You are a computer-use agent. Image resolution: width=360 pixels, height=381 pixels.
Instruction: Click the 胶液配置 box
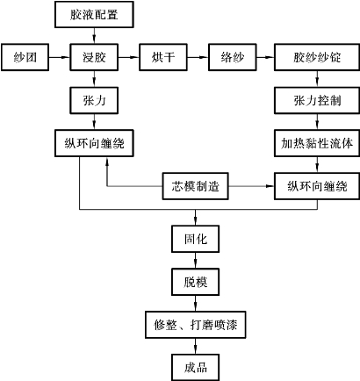coord(94,14)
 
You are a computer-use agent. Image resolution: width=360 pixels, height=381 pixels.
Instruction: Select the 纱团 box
coord(25,57)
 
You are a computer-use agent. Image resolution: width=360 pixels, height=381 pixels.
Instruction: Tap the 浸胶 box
coord(94,57)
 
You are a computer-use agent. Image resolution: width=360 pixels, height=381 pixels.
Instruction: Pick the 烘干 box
coord(163,57)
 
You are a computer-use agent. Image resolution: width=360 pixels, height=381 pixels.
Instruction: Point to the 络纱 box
coord(233,57)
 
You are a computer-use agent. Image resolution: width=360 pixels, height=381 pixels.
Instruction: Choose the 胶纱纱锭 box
coord(317,57)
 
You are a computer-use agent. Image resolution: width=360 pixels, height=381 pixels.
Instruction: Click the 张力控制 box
coord(317,100)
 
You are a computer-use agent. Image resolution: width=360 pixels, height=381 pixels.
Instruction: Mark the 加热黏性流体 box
coord(317,143)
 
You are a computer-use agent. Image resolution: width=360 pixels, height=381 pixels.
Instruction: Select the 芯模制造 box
coord(196,186)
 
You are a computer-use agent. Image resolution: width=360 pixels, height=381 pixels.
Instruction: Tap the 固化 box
coord(196,239)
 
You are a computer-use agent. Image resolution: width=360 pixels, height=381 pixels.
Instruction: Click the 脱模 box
coord(196,282)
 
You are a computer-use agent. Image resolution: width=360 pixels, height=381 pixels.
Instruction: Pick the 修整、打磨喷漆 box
coord(196,325)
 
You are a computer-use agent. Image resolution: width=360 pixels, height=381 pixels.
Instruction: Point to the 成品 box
coord(196,368)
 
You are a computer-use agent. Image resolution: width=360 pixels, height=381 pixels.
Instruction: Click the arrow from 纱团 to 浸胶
coord(59,57)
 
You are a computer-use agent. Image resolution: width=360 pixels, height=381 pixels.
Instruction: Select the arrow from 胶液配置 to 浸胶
coord(94,36)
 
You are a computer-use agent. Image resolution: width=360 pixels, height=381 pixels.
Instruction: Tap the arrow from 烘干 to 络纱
coord(198,57)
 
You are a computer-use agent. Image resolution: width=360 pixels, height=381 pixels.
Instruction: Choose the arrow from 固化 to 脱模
coord(196,261)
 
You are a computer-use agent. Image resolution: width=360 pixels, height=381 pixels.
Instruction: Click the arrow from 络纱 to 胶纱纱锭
coord(265,57)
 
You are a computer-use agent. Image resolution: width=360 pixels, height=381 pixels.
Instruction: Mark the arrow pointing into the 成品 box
coord(196,346)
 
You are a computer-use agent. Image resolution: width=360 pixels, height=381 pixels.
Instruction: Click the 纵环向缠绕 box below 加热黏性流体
coord(317,186)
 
